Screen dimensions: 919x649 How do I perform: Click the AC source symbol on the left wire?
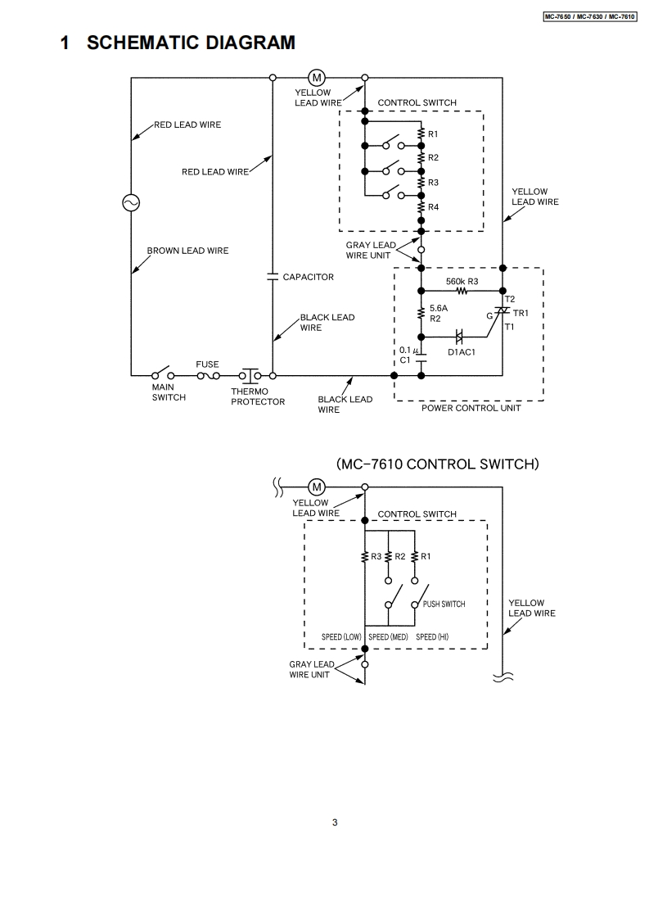[130, 202]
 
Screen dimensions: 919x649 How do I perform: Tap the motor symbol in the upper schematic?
[316, 78]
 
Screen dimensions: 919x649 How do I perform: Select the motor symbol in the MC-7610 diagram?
[316, 486]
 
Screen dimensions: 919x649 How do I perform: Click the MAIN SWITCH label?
[169, 392]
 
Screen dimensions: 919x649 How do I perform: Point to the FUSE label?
[207, 364]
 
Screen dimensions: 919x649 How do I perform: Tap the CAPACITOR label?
[309, 277]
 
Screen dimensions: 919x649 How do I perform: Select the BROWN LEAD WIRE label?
[187, 251]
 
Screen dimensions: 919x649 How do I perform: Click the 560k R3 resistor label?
[462, 281]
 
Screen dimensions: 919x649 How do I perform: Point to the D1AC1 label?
[461, 352]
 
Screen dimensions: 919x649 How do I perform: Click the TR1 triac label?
[521, 313]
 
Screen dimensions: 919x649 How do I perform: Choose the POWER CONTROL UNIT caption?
[471, 408]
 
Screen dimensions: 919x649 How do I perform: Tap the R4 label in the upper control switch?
[433, 207]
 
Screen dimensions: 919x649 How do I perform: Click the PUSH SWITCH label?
[444, 604]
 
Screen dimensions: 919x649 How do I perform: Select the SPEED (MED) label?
[388, 636]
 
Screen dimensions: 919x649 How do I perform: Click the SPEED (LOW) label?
[341, 636]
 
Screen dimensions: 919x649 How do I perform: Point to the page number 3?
[335, 823]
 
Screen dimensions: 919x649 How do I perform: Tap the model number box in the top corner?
[589, 16]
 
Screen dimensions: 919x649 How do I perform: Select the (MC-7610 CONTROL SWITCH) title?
[438, 464]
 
